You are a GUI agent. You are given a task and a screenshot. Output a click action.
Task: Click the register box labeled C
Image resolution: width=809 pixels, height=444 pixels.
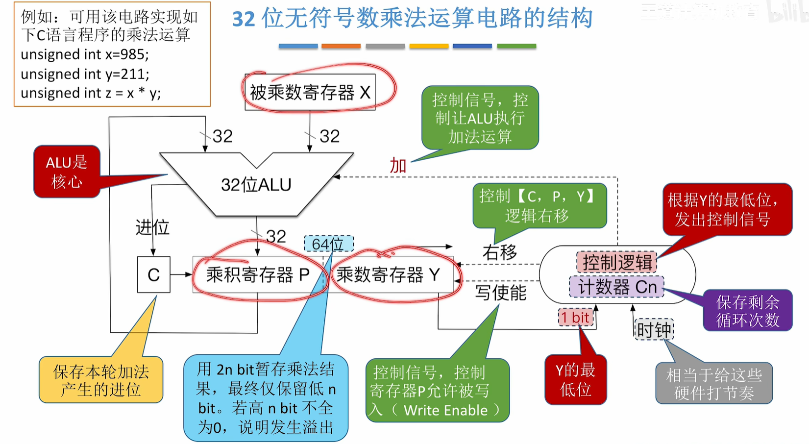click(x=153, y=274)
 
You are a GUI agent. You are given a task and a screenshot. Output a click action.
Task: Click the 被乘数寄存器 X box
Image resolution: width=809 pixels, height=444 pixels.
click(x=310, y=92)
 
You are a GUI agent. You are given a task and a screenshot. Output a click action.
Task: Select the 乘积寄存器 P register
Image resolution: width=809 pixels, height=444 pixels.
click(x=258, y=274)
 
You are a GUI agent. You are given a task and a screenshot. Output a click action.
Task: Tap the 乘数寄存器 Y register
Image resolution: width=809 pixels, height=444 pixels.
click(x=388, y=274)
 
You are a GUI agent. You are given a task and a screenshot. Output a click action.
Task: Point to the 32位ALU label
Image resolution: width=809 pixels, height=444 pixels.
click(x=256, y=185)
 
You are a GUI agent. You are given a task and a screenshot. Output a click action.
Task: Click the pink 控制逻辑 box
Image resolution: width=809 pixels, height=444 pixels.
click(x=617, y=262)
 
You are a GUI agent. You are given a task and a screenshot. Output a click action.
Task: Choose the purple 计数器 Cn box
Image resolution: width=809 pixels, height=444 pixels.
click(x=617, y=287)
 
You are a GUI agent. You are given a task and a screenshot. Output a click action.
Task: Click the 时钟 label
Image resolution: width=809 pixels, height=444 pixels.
click(x=654, y=330)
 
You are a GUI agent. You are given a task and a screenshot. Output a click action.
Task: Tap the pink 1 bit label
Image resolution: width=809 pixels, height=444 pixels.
click(x=575, y=318)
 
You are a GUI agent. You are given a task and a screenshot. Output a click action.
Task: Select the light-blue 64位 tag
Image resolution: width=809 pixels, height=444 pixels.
click(x=328, y=244)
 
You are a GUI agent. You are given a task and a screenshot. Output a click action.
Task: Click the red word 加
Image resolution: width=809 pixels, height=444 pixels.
click(x=398, y=166)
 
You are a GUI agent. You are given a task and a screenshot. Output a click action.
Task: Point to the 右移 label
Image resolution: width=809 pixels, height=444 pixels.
click(x=499, y=252)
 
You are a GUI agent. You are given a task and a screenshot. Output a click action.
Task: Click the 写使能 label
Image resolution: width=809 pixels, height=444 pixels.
click(x=500, y=293)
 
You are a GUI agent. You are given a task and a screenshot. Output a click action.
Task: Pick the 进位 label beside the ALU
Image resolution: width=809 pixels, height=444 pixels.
click(x=152, y=227)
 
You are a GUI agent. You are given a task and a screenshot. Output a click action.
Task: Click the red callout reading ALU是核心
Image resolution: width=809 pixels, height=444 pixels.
click(x=67, y=172)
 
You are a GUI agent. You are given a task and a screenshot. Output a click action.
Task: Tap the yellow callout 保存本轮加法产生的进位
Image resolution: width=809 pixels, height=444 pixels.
click(x=101, y=380)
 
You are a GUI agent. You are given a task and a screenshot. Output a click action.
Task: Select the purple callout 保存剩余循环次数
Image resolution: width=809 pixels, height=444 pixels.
click(x=747, y=311)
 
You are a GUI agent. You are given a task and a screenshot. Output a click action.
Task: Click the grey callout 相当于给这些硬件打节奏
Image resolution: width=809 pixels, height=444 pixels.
click(x=714, y=384)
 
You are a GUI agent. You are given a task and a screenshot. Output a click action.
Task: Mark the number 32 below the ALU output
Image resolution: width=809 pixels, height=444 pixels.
click(x=276, y=237)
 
